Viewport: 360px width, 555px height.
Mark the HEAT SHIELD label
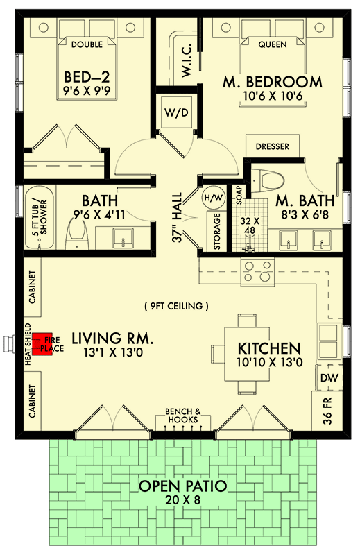pyautogui.click(x=29, y=342)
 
